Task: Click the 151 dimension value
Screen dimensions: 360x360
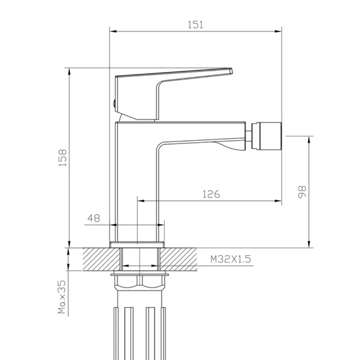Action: [x=195, y=25]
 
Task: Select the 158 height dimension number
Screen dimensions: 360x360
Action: [x=63, y=158]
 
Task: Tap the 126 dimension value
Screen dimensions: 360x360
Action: [x=211, y=195]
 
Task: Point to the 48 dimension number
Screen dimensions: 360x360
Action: [x=93, y=218]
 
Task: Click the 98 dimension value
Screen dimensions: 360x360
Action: [x=302, y=192]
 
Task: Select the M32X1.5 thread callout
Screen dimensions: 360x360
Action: [x=231, y=259]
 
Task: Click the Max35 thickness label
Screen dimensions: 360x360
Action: [x=62, y=297]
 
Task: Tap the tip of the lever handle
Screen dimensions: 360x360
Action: [x=231, y=71]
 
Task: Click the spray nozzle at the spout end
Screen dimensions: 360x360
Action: [x=267, y=136]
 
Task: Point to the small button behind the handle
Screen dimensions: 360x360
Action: [x=114, y=104]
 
